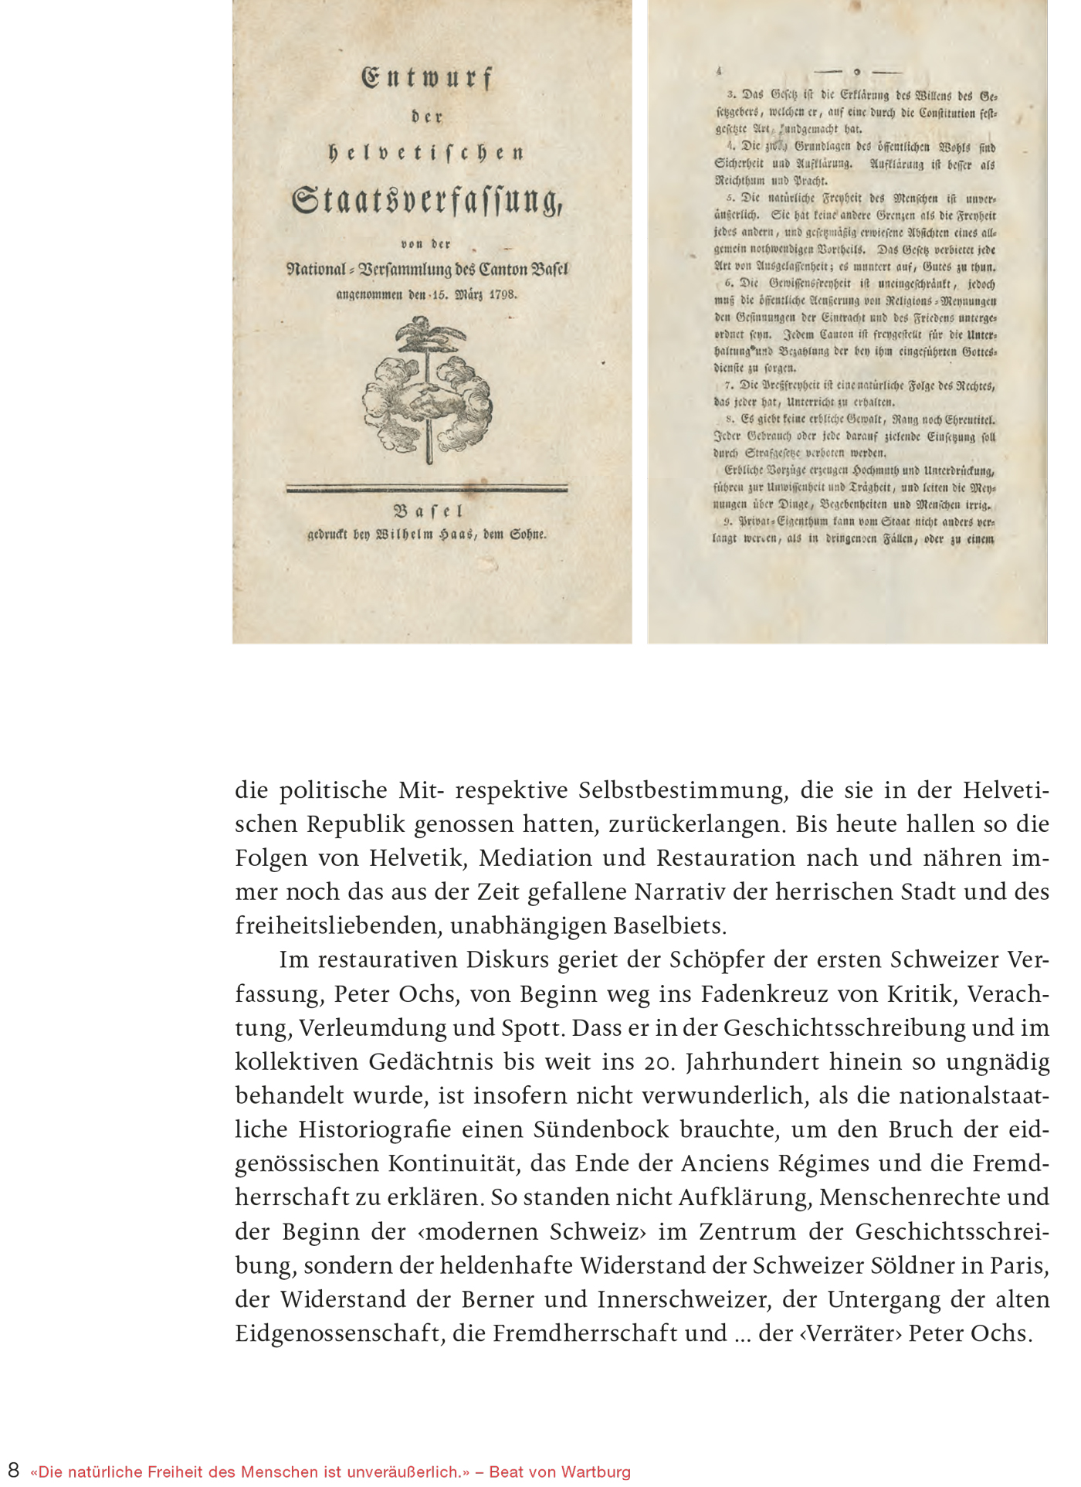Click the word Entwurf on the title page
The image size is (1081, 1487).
[x=427, y=78]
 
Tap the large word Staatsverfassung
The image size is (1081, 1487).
[x=427, y=200]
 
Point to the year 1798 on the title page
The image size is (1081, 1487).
[x=502, y=294]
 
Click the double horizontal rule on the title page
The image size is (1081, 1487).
[x=427, y=488]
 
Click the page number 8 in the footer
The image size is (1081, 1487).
[x=13, y=1469]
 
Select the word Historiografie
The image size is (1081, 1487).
[x=374, y=1130]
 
